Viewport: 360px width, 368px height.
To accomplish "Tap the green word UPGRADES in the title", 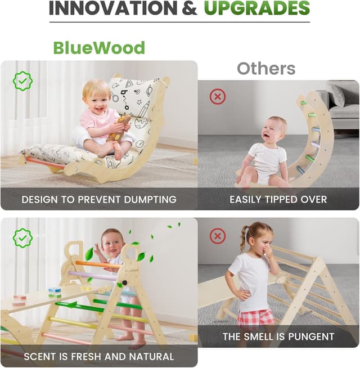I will pos(257,8).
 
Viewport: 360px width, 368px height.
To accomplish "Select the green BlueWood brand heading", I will pos(99,47).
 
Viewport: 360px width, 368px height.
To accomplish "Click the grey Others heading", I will pos(265,68).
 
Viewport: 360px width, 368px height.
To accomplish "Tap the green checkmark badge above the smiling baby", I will pos(22,81).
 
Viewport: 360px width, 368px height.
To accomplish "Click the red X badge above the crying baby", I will pos(217,96).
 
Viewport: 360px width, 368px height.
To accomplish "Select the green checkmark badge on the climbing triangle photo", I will pos(22,238).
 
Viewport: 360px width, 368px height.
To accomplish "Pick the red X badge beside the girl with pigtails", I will pos(218,236).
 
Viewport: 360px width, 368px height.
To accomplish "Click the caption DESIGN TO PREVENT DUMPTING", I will pos(99,199).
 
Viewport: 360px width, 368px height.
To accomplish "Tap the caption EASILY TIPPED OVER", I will pos(278,199).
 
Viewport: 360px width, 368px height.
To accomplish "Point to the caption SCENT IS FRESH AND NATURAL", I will pos(99,356).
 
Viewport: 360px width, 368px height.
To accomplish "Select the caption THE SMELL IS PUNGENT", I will pos(278,337).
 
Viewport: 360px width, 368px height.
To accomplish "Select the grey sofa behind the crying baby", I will pos(343,104).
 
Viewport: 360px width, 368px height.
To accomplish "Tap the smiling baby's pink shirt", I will pos(97,119).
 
